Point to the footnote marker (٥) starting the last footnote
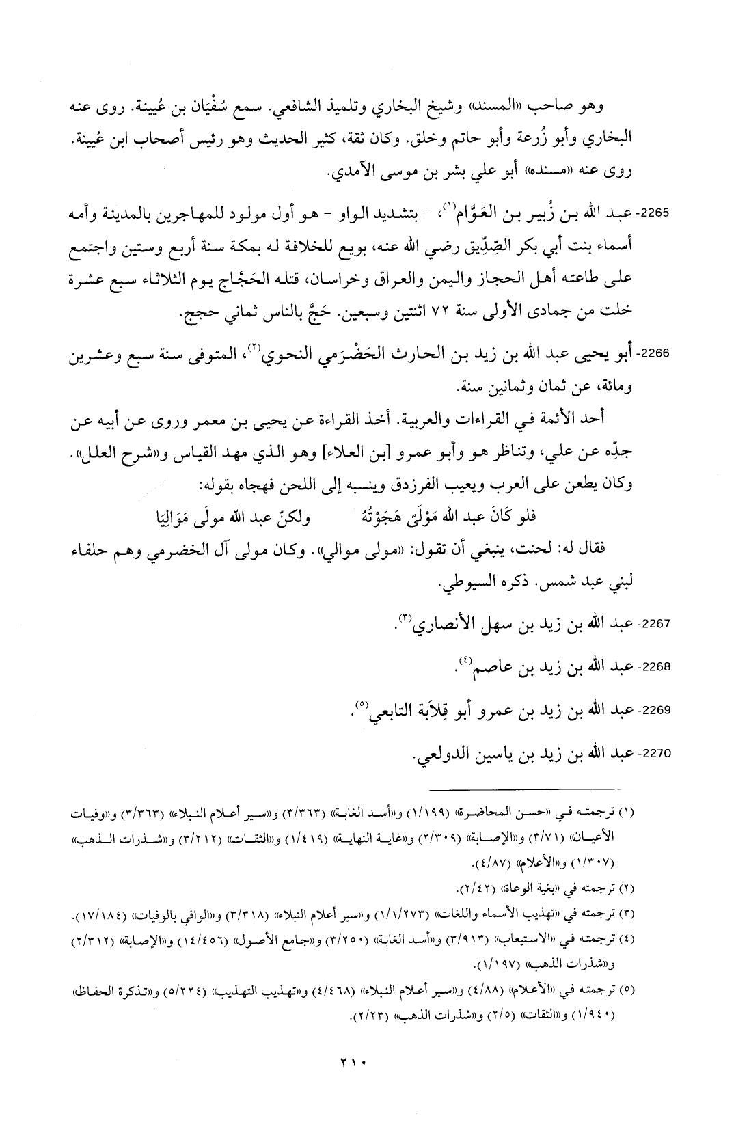625,987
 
